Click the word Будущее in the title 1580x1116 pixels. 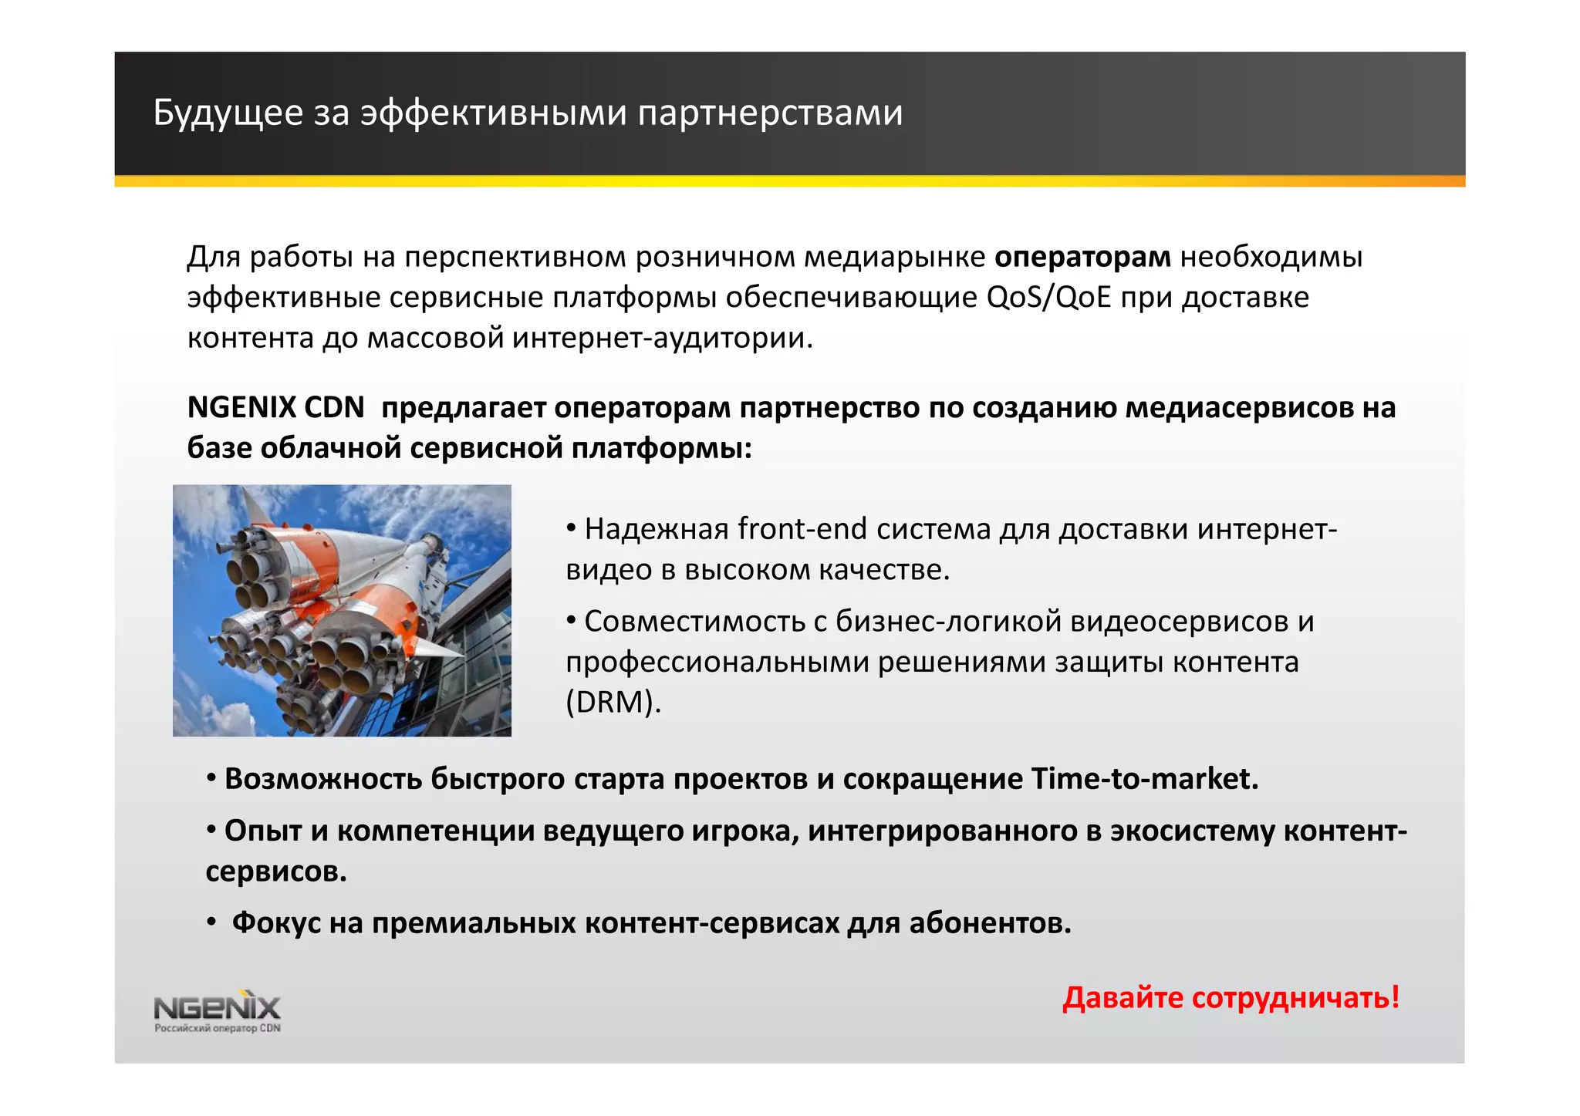coord(228,113)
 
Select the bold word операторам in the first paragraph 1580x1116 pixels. coord(1082,256)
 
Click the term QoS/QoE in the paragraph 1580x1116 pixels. coord(1048,297)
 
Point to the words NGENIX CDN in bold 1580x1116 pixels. coord(275,407)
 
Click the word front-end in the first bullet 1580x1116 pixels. coord(802,529)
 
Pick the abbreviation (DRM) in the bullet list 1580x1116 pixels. coord(613,702)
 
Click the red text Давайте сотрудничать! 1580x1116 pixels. coord(1231,997)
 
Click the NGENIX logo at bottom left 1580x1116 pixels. coord(218,1006)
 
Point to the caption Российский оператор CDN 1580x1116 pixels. coord(218,1028)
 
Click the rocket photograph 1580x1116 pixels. coord(342,610)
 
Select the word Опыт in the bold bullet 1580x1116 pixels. coord(263,831)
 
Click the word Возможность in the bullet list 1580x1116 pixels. coord(323,779)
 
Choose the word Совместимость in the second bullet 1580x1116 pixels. coord(694,621)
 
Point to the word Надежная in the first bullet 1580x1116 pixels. coord(657,529)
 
